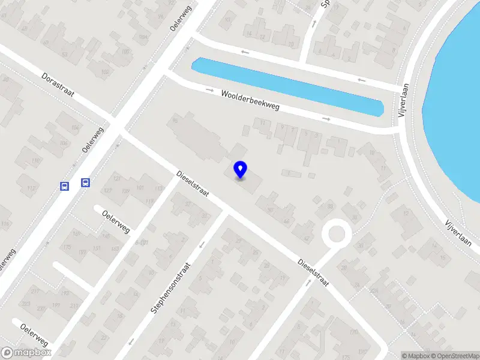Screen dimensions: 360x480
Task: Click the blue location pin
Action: point(241,170)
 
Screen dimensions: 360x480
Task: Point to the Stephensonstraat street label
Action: point(171,289)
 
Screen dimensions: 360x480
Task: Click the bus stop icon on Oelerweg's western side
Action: point(64,186)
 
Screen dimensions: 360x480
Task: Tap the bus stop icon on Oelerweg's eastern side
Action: point(86,183)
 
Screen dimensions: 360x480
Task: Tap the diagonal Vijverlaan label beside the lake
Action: point(458,232)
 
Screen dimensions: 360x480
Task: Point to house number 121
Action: point(116,179)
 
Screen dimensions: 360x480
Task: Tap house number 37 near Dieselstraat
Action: point(188,204)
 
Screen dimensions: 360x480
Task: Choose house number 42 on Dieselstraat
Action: point(307,238)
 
